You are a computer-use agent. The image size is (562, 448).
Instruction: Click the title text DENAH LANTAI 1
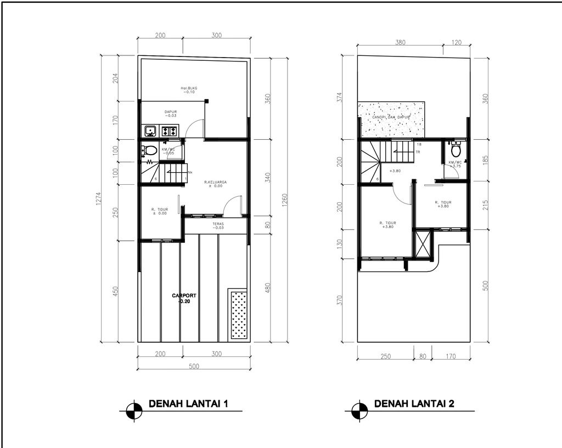coord(188,405)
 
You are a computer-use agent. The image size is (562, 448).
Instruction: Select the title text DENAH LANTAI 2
coord(414,404)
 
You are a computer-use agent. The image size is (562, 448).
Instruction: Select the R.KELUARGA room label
coord(215,183)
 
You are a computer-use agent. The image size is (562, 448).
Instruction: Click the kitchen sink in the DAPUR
coord(150,131)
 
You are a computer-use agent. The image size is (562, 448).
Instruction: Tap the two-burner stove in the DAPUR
coord(169,131)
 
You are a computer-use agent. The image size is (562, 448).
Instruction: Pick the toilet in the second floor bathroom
coord(455,149)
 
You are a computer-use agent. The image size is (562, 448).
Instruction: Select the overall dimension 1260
coord(284,199)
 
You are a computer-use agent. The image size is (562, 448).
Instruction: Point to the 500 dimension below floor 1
coord(194,366)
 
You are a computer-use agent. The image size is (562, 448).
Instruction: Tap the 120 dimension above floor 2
coord(457,43)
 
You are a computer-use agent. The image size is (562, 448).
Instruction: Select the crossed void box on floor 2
coord(424,244)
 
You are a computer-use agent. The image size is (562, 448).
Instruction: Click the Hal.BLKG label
coord(189,89)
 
